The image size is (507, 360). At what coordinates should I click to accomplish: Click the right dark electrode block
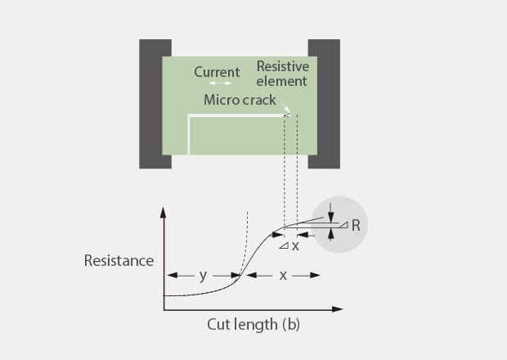tap(324, 103)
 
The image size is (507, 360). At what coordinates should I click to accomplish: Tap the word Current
tap(217, 72)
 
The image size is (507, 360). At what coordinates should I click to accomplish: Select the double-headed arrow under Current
tap(219, 83)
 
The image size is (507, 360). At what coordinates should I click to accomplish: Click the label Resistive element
tap(281, 74)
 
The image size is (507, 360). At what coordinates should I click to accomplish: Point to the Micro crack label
tap(240, 101)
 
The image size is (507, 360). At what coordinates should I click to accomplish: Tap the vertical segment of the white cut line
tap(189, 135)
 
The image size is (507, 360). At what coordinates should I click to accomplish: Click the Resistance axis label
tap(119, 261)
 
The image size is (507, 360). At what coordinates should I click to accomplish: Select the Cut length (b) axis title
tap(252, 324)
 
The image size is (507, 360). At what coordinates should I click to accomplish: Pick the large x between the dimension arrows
tap(283, 276)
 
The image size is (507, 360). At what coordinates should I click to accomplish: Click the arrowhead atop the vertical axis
tap(164, 211)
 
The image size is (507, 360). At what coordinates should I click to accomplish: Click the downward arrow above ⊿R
tap(330, 217)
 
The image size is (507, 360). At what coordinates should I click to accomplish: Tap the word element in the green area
tap(282, 81)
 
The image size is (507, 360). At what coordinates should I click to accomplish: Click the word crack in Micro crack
tap(259, 101)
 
